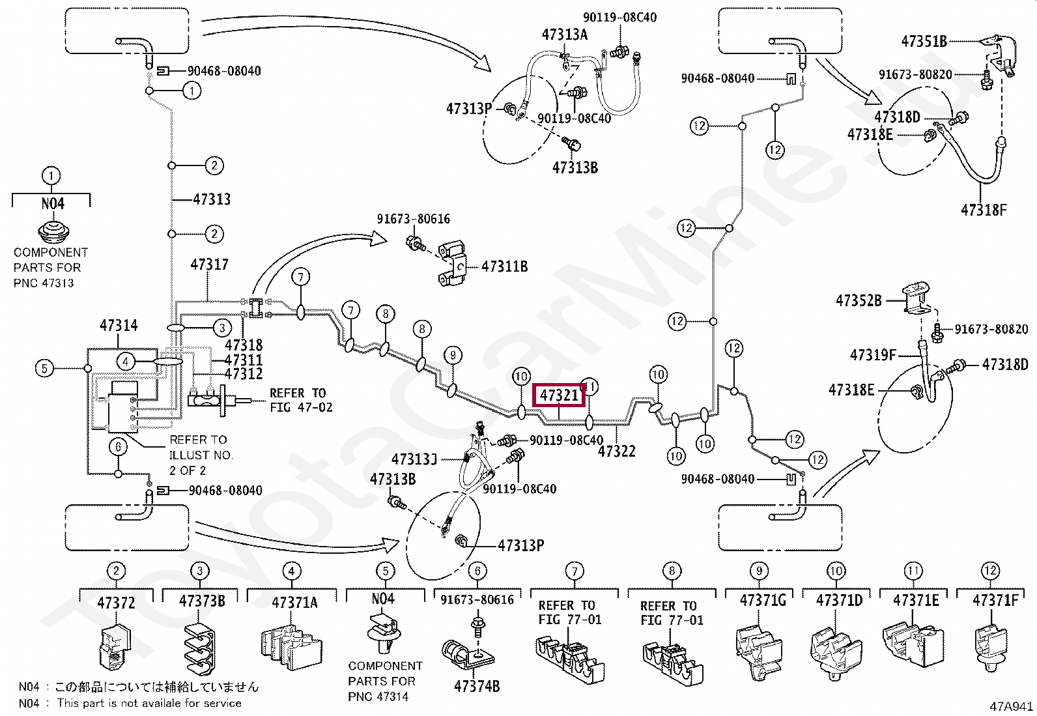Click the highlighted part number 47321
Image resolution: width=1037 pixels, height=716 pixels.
[x=559, y=395]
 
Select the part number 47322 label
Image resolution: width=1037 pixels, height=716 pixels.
[x=617, y=451]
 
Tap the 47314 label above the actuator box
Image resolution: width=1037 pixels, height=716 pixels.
[x=119, y=326]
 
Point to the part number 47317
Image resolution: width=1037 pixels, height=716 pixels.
[x=209, y=265]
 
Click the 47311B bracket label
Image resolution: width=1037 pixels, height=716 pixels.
[x=505, y=266]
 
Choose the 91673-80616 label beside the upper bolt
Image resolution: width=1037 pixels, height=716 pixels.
[x=414, y=219]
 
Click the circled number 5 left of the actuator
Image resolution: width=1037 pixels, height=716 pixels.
[x=44, y=369]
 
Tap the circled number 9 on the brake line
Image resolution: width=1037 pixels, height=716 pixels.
[x=453, y=355]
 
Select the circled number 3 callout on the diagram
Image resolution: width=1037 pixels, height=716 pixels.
[x=222, y=328]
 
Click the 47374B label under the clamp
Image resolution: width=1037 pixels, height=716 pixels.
[x=477, y=686]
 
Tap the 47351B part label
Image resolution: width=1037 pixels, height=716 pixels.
[x=924, y=41]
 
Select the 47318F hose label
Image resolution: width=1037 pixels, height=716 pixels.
[x=984, y=210]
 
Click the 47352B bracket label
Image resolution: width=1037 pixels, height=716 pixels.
[x=859, y=300]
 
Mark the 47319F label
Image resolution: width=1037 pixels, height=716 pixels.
[x=873, y=355]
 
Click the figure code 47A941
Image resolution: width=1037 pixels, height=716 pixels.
[x=1011, y=706]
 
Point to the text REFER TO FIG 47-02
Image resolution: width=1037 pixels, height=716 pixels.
[x=302, y=400]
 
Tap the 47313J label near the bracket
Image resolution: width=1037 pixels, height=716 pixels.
[x=414, y=459]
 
